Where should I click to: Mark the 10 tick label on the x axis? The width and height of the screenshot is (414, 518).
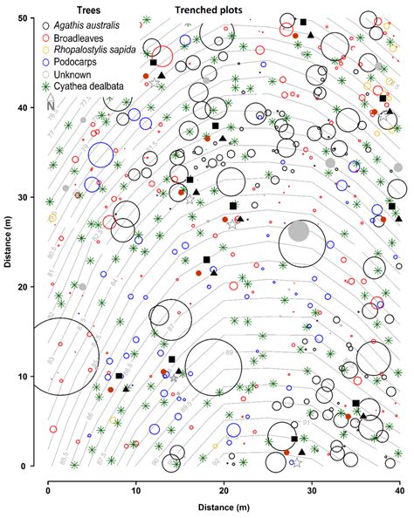pos(136,480)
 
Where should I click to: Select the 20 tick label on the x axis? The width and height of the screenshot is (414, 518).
pos(224,480)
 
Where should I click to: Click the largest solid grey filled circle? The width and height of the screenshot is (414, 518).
pos(298,231)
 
